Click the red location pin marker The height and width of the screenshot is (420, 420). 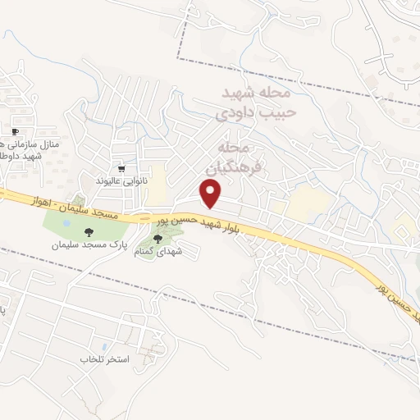212,194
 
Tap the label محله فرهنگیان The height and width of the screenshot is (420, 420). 235,157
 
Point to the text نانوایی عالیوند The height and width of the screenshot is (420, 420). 121,180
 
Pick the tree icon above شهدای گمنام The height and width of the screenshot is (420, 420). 157,238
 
